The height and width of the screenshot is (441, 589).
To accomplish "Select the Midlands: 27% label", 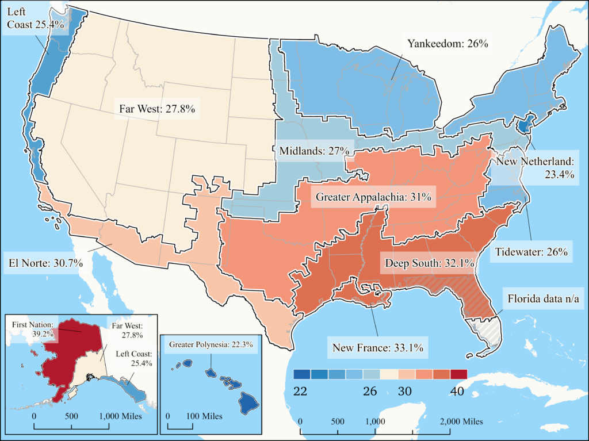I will click(314, 151).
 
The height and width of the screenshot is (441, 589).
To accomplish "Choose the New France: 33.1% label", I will click(378, 347).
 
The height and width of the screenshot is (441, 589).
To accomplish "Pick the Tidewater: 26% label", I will click(531, 251).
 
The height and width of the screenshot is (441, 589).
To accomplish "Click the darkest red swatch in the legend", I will click(458, 374).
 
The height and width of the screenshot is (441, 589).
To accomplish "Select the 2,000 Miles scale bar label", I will click(462, 421).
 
